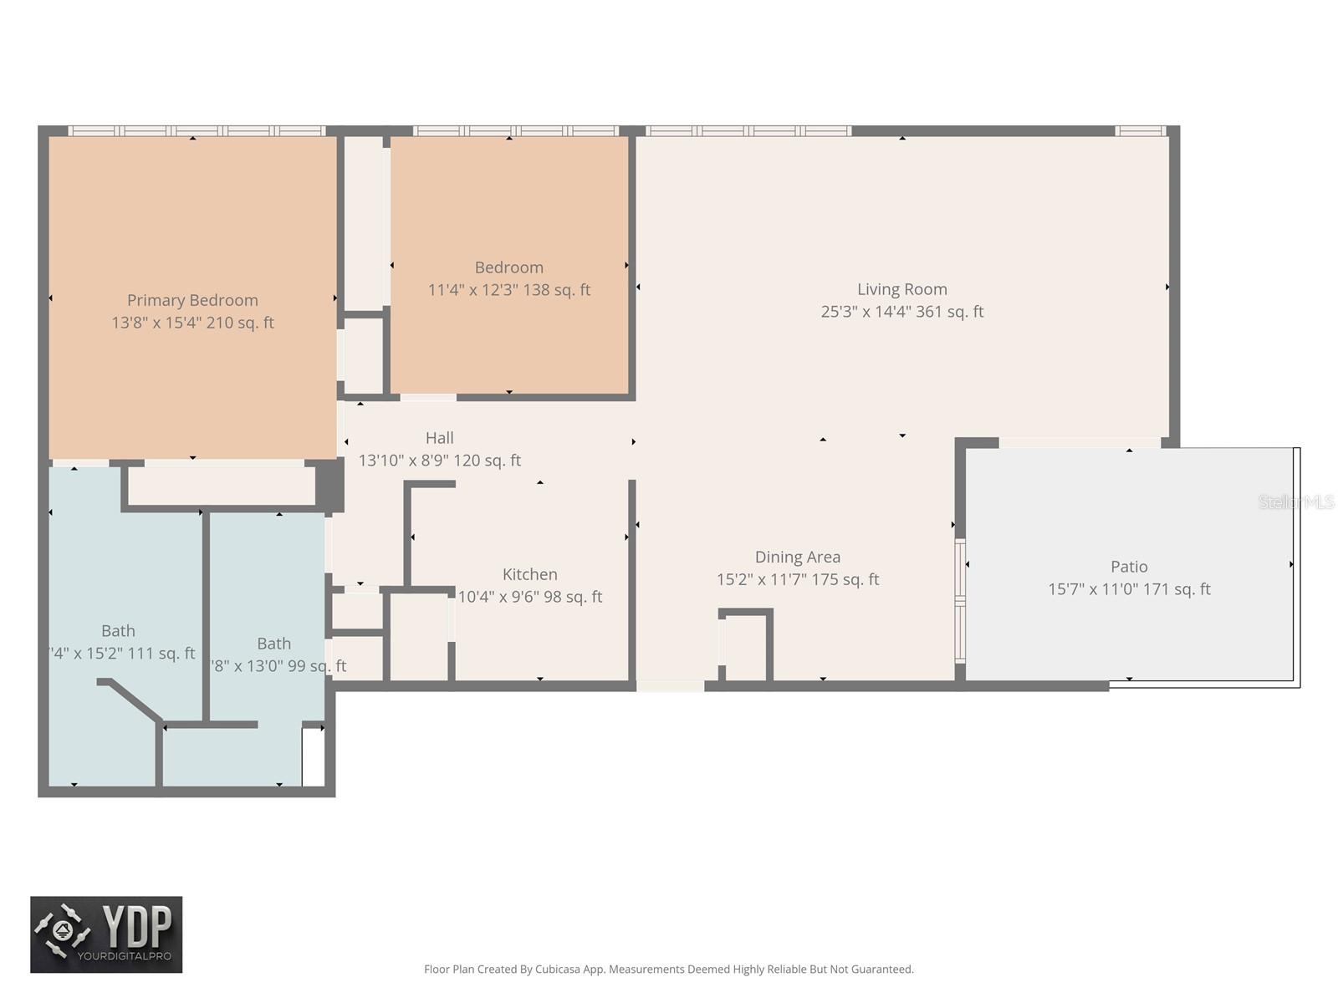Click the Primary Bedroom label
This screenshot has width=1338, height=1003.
pos(192,300)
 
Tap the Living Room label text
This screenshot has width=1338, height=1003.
pos(901,289)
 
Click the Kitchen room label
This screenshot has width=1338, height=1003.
pos(529,574)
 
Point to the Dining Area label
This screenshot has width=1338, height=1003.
pos(797,557)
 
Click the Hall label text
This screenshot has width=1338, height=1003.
pos(439,438)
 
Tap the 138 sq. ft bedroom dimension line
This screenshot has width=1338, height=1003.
pos(508,290)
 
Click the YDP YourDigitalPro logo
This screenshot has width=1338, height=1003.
pos(106,934)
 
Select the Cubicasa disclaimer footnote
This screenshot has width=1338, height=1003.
pos(668,970)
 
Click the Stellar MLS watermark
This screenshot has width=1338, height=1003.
pos(1295,501)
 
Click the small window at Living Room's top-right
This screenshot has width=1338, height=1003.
pos(1140,130)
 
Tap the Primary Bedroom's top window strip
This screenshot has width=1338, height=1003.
pos(196,130)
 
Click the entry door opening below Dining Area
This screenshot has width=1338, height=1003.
pos(670,686)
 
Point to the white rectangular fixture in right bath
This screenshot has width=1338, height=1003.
pos(313,756)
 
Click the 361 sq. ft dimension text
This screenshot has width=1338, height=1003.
pos(901,312)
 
